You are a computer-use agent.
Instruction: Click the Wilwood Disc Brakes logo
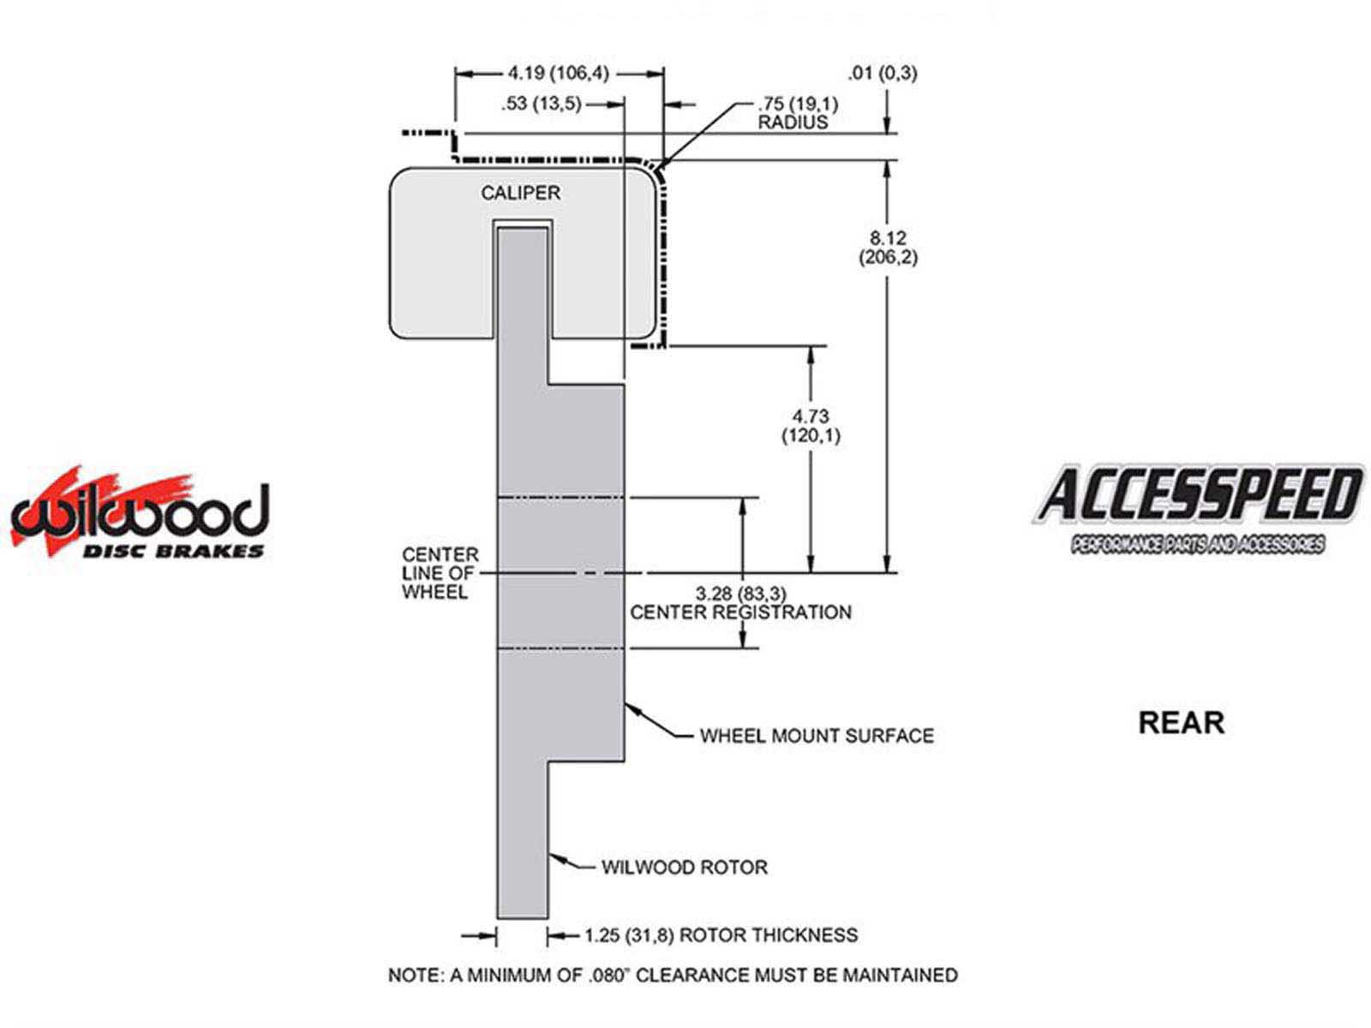[x=140, y=514]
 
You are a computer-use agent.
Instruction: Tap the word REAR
[x=1181, y=722]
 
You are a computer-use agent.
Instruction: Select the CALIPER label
[x=520, y=193]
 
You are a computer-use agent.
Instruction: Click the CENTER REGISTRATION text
[x=740, y=613]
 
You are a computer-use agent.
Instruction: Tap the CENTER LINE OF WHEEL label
[x=440, y=573]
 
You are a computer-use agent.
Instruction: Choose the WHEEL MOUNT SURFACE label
[x=816, y=736]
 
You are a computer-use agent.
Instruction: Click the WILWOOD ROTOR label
[x=684, y=867]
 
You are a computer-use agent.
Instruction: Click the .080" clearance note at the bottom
[x=673, y=975]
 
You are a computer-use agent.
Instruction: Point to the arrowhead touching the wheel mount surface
[x=632, y=708]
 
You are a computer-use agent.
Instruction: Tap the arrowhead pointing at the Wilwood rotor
[x=555, y=857]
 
